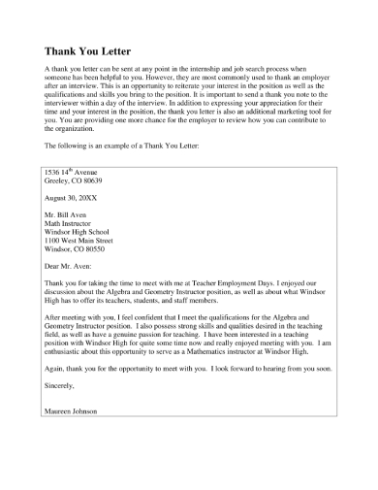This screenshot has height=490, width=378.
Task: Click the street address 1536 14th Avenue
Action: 73,172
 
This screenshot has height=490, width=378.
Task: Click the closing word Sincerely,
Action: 63,385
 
